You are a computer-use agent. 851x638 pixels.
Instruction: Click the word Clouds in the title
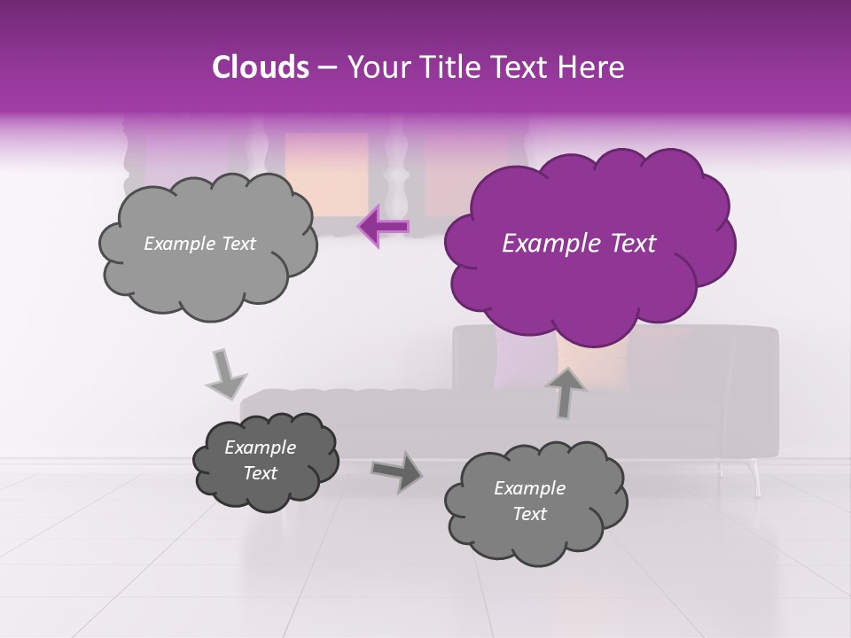click(x=261, y=67)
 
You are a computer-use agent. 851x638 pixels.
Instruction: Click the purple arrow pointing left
click(x=383, y=226)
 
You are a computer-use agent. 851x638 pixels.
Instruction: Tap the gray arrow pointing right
click(x=396, y=471)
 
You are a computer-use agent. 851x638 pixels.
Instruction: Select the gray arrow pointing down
click(x=225, y=374)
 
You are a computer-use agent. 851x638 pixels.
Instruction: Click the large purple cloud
click(x=587, y=241)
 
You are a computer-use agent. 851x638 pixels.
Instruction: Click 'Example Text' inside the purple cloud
click(x=579, y=244)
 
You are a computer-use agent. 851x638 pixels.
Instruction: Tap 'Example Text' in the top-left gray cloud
click(x=199, y=244)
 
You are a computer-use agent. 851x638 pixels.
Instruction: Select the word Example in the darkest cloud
click(x=260, y=447)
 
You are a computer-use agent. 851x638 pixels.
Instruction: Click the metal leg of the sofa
click(x=755, y=478)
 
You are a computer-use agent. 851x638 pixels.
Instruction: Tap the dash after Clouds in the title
click(x=326, y=67)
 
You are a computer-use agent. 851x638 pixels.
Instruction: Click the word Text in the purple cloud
click(x=628, y=244)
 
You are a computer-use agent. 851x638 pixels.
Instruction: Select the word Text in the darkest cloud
click(x=260, y=473)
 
